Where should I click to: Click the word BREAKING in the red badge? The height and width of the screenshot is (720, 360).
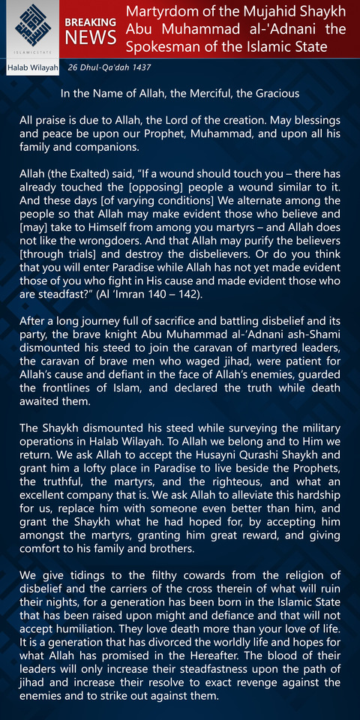tap(90, 22)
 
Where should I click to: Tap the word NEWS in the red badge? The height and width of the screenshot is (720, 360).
tap(90, 37)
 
